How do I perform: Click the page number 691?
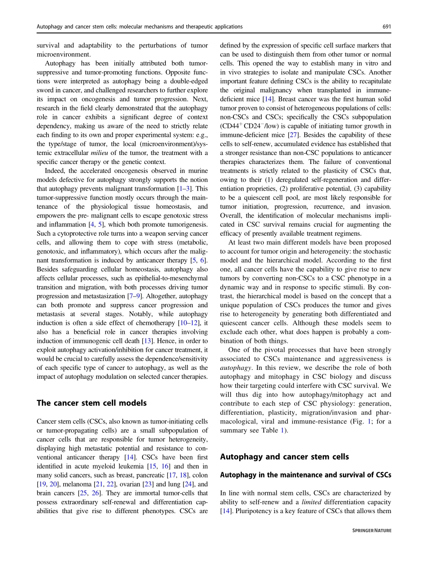click(x=387, y=27)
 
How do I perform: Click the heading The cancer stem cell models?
click(x=91, y=403)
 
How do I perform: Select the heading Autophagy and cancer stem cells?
click(x=284, y=457)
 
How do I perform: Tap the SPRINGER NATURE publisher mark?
click(x=372, y=531)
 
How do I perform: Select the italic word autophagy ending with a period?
click(x=233, y=368)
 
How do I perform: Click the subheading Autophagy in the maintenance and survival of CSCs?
click(x=305, y=475)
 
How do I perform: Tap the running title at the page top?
click(x=139, y=27)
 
